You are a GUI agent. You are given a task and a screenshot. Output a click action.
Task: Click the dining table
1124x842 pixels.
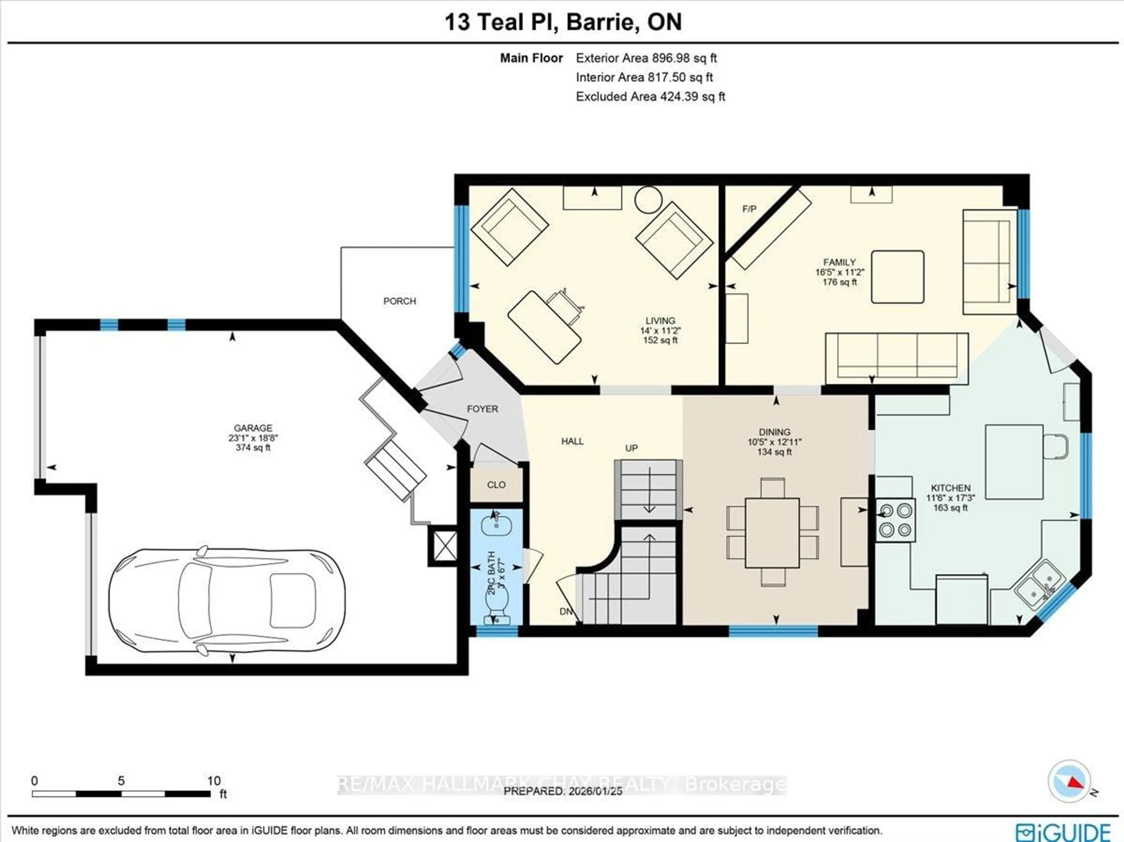tap(772, 532)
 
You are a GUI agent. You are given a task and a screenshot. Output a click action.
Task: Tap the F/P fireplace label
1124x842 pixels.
tap(749, 209)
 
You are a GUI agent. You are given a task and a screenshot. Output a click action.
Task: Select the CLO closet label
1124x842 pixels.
tap(496, 485)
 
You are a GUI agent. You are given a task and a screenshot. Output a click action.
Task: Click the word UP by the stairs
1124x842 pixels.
tap(631, 448)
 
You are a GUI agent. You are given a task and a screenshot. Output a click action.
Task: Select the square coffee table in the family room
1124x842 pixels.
tap(897, 277)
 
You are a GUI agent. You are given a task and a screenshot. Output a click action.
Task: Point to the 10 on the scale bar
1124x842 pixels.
tap(213, 781)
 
